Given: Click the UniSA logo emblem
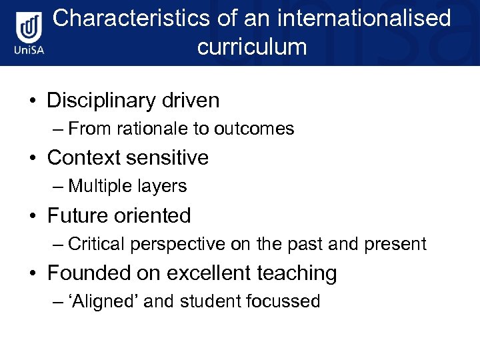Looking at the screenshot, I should tap(30, 29).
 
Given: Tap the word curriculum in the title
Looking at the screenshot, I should tap(252, 47).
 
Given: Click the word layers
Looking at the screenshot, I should tap(162, 186).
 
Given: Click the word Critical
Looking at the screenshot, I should tap(96, 244).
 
